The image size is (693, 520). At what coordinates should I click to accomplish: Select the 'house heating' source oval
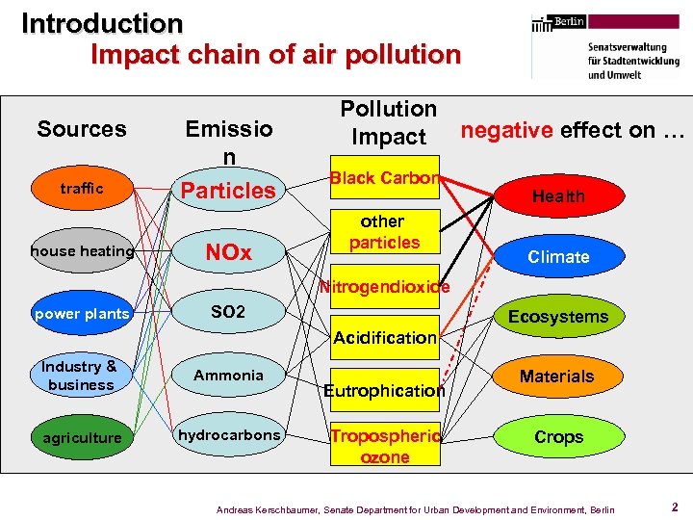coord(82,251)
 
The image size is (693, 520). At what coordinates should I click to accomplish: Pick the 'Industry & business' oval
coord(81,376)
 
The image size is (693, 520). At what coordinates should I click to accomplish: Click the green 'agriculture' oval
coord(82,438)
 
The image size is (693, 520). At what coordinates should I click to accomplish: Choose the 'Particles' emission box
coord(229,190)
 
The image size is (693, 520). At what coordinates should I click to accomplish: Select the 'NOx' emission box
coord(229,252)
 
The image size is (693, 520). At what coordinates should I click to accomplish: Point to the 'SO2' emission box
coord(229,313)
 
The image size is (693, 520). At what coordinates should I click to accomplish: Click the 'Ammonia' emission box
coord(229,376)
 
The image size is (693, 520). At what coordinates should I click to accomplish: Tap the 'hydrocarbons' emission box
coord(229,435)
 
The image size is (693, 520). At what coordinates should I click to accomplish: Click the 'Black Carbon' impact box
coord(384,178)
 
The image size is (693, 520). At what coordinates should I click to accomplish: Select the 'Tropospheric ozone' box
coord(384,446)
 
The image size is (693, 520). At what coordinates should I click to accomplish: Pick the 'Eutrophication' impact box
coord(384,390)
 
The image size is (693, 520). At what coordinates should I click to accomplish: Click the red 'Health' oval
coord(558,196)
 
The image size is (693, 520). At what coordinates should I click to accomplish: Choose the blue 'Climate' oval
coord(558,257)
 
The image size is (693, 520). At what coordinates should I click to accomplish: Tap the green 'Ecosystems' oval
coord(558,317)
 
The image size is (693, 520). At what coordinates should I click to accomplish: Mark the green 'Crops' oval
coord(558,437)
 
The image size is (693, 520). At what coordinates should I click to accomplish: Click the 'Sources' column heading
coord(82,129)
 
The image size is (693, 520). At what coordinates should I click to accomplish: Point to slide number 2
coord(675,507)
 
